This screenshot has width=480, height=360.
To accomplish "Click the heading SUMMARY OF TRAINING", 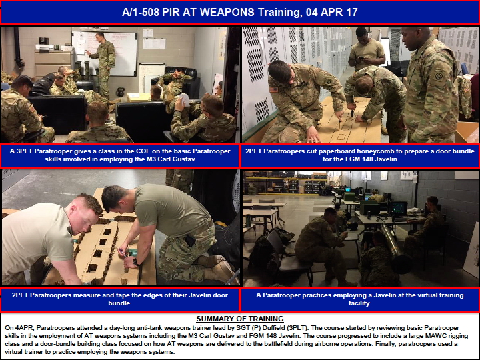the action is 240,319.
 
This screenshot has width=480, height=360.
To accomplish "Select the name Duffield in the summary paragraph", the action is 275,328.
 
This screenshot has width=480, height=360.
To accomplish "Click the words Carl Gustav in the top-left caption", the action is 175,159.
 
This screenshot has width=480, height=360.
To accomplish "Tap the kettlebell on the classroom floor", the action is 120,91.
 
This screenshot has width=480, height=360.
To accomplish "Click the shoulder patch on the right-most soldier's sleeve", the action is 439,75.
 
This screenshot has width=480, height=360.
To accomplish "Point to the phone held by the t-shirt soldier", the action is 361,58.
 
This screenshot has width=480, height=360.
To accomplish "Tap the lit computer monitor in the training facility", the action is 398,208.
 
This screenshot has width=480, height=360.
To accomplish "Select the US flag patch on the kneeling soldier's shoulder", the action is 274,89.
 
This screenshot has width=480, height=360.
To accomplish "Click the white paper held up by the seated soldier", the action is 184,100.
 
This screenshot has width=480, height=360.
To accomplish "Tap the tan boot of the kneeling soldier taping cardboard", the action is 220,270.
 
